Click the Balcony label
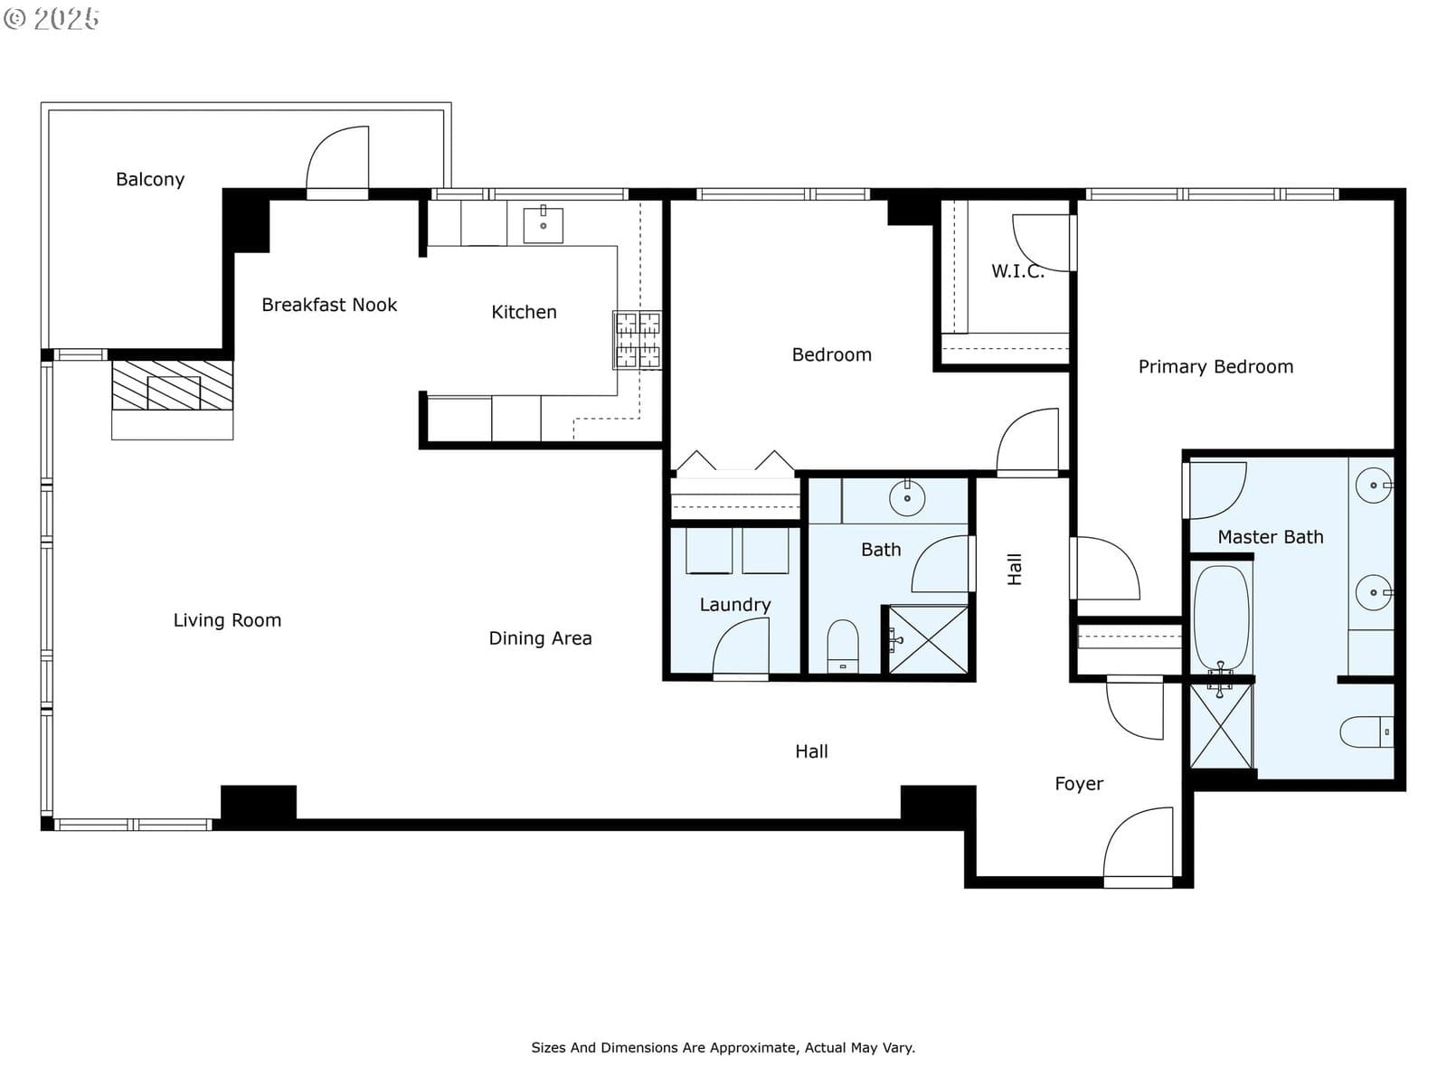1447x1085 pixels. tap(149, 179)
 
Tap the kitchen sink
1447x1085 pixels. tap(544, 225)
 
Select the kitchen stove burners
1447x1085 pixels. tap(638, 340)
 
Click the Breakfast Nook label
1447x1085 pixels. tap(329, 305)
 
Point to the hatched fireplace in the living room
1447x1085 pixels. tap(172, 385)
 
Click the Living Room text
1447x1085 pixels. tap(227, 620)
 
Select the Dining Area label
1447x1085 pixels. tap(540, 637)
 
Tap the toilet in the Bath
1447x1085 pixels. tap(843, 646)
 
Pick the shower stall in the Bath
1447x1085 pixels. tap(928, 639)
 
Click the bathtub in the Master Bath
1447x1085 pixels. tap(1221, 618)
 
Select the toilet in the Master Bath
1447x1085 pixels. tap(1367, 731)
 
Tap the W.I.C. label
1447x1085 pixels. tap(1017, 270)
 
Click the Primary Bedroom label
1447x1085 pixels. tap(1215, 366)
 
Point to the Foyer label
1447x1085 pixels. tap(1079, 783)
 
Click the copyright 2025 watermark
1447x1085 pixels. tap(52, 18)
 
